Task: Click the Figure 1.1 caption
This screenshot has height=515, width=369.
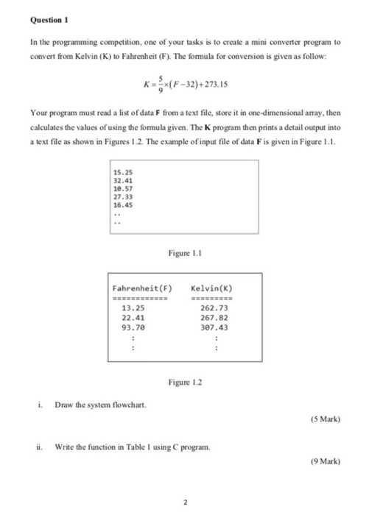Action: (x=185, y=254)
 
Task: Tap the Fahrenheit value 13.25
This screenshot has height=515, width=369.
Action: (x=133, y=309)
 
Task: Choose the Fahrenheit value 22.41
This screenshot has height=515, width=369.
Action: (x=133, y=319)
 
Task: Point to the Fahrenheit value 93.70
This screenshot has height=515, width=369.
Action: (x=133, y=328)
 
